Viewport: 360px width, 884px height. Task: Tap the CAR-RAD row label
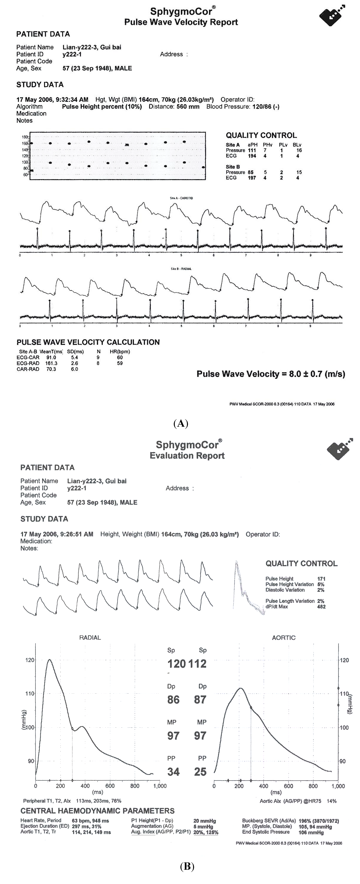28,369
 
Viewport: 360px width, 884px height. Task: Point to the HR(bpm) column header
120,351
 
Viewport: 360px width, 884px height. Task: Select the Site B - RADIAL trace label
181,269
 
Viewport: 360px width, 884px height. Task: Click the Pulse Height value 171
321,579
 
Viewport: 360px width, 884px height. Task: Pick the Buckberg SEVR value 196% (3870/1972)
318,821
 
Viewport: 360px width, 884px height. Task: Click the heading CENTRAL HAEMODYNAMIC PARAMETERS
97,811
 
